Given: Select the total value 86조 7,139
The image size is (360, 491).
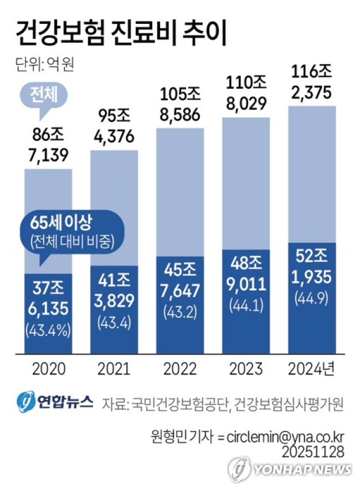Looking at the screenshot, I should click(x=48, y=144).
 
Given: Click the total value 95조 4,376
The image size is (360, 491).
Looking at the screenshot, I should click(x=114, y=127).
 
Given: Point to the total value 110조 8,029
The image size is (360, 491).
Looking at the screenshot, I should click(x=246, y=93).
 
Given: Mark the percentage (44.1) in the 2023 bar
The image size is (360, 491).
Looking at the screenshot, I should click(x=246, y=305).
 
